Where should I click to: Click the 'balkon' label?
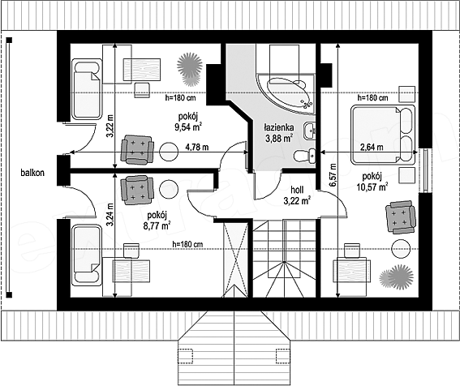[32, 173]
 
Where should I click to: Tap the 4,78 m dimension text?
[197, 147]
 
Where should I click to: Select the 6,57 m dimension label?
[332, 175]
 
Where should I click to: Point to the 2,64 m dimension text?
[372, 147]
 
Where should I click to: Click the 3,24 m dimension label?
[110, 215]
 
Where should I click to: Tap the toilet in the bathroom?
[304, 156]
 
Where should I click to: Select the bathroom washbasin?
[310, 131]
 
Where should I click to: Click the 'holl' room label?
[297, 189]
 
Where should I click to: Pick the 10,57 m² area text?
[372, 187]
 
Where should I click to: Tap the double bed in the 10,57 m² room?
[383, 134]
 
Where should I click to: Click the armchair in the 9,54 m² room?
[138, 149]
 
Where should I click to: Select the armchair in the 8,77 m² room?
[137, 190]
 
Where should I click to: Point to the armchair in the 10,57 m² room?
[401, 217]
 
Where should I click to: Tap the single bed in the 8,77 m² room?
[87, 255]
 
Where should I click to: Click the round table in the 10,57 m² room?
[401, 248]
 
